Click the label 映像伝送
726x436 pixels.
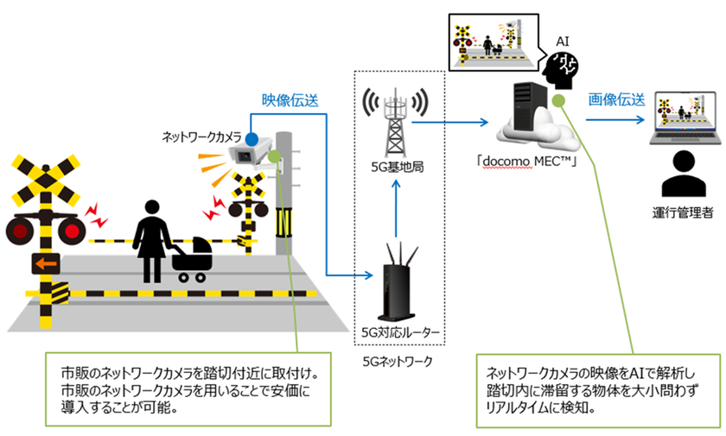coord(290,99)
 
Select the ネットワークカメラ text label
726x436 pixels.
coord(202,136)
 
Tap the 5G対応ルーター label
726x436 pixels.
coord(396,332)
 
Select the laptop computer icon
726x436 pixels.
coord(687,115)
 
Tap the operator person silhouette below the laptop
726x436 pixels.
coord(683,173)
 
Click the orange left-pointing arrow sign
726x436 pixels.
coord(45,262)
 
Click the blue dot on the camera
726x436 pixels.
coord(249,137)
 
